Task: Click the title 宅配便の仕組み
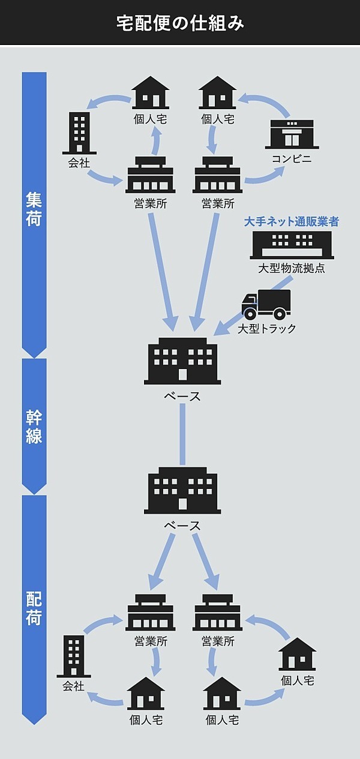[180, 23]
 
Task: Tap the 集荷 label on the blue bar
[34, 209]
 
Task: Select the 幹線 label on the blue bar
[34, 427]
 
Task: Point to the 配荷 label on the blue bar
[34, 609]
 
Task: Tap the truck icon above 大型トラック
[266, 304]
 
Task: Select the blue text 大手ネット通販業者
[292, 222]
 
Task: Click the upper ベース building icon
[182, 361]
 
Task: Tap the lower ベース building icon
[182, 491]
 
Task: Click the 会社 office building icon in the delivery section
[74, 655]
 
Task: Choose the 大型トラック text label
[266, 329]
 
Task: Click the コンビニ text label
[292, 160]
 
